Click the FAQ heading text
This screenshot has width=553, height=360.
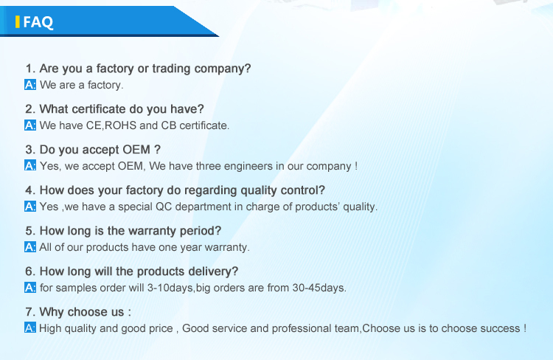(38, 22)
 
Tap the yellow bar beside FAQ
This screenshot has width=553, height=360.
(17, 22)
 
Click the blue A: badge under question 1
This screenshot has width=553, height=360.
(30, 85)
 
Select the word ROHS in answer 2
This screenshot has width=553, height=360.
(121, 125)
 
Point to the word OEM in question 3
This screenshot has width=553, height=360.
(136, 150)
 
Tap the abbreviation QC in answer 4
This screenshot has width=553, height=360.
(164, 207)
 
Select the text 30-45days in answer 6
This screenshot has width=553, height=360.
(319, 288)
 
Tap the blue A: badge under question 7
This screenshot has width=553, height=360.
(30, 328)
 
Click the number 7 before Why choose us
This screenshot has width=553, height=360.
(29, 312)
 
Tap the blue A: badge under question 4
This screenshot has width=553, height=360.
(30, 207)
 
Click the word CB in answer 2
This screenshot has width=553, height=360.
(169, 125)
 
